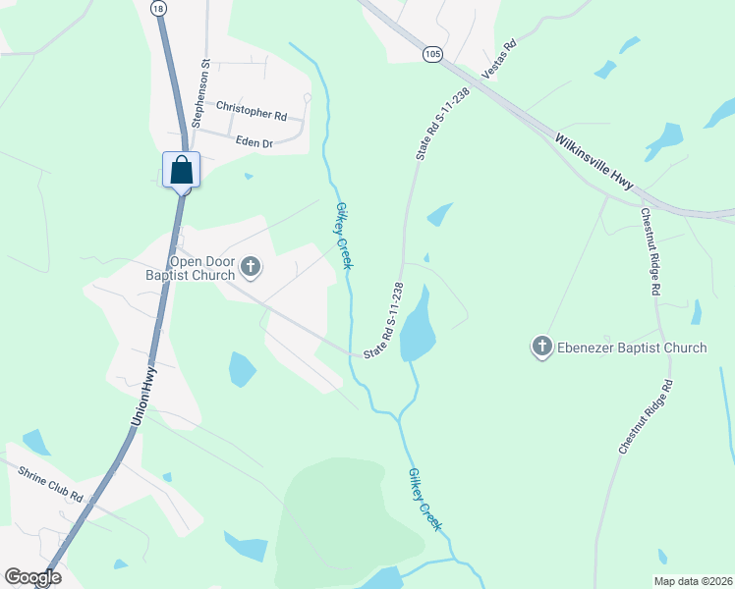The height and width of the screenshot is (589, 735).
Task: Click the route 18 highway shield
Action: [158, 7]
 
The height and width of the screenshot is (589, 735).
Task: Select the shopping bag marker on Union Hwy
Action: [182, 170]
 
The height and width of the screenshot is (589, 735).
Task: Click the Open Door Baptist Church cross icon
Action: [251, 265]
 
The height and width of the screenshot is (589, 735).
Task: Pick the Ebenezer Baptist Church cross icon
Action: [541, 347]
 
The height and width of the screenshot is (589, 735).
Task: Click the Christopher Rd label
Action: [251, 110]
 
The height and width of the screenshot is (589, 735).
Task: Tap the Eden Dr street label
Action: [254, 142]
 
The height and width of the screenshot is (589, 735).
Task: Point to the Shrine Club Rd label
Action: [48, 477]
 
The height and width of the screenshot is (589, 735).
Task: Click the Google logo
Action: [32, 577]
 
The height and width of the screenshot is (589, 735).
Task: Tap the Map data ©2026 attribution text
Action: [694, 580]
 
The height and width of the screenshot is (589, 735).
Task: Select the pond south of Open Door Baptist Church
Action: [242, 369]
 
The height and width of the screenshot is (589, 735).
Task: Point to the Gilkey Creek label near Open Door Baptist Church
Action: [344, 236]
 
